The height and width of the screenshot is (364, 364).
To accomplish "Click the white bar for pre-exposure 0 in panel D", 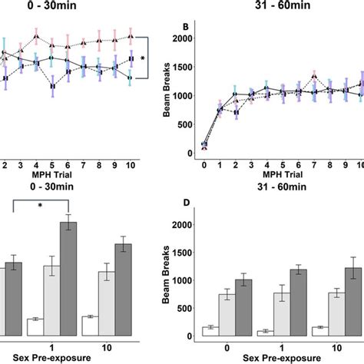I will point(209,331).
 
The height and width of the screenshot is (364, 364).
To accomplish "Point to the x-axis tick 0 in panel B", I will point(204,165).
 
